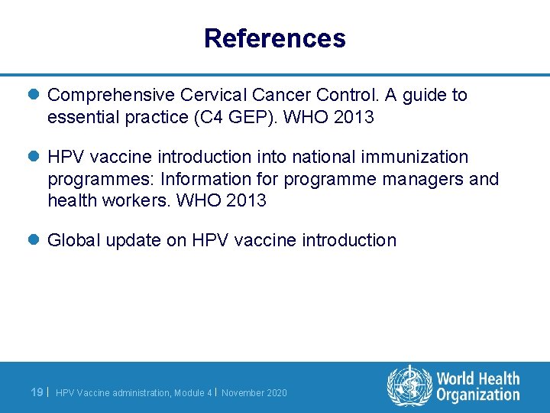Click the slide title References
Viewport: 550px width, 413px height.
point(274,38)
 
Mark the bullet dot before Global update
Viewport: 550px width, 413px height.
point(34,240)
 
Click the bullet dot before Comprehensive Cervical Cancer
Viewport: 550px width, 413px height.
point(34,95)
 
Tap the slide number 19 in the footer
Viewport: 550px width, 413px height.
point(36,392)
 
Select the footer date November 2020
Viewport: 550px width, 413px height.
point(254,393)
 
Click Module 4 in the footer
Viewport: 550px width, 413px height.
point(193,393)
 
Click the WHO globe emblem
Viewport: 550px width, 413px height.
point(409,385)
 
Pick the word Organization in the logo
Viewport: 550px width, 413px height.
point(477,395)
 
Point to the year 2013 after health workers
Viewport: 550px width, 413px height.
point(245,200)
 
